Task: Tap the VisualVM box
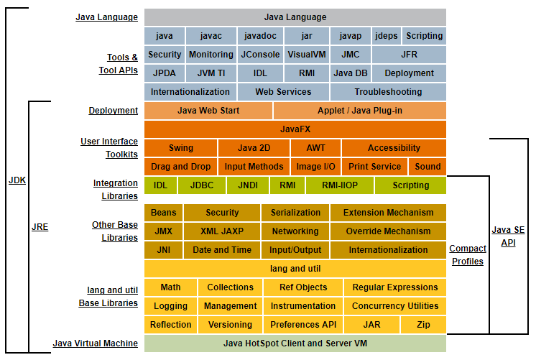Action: [307, 55]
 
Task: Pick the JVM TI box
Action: [211, 73]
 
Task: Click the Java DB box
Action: [351, 73]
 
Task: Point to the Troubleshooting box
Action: [388, 92]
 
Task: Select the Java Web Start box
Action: [208, 111]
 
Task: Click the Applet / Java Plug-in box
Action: [360, 111]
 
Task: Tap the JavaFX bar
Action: [295, 129]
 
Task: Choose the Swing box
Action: [180, 148]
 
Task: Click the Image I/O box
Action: [316, 167]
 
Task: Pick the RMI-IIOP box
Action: [339, 185]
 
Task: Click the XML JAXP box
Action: [222, 231]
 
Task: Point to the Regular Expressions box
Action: [394, 287]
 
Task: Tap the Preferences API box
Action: [303, 325]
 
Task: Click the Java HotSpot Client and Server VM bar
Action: [295, 343]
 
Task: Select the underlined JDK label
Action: [17, 180]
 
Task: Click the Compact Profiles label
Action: [468, 255]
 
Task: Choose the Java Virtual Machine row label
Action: [95, 343]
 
